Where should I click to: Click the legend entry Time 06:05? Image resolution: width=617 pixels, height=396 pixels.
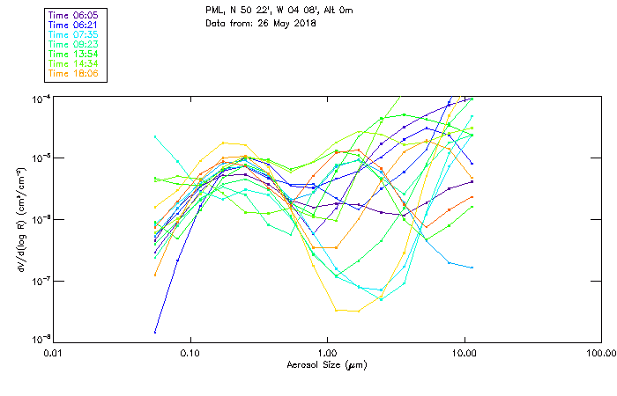tap(74, 16)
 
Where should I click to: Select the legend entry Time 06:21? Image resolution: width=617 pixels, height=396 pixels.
tap(74, 26)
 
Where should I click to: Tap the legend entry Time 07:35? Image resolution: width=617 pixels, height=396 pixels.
tap(74, 35)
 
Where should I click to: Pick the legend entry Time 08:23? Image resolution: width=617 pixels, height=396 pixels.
tap(74, 44)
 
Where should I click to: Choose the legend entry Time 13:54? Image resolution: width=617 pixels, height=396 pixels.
tap(74, 54)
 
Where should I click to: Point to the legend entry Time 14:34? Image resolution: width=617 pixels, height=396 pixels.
tap(74, 63)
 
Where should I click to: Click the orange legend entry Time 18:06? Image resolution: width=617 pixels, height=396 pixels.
tap(74, 73)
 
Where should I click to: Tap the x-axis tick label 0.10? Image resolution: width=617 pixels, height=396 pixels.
tap(190, 354)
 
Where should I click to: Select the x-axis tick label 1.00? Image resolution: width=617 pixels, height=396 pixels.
tap(328, 354)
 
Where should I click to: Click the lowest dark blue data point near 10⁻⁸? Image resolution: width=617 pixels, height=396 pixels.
tap(155, 332)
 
